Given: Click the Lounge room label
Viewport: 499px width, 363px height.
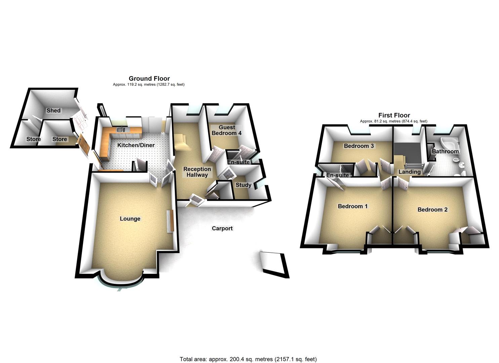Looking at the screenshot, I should coord(130,219).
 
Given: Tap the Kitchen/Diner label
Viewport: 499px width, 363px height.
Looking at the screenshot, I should coord(136,145).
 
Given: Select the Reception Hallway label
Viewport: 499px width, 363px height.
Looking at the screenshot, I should coord(197,172).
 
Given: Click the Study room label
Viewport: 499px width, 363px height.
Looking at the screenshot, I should coord(243,185).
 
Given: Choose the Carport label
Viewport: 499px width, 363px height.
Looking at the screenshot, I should coord(222,228).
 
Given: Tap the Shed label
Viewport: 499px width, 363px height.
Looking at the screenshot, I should coord(53,110).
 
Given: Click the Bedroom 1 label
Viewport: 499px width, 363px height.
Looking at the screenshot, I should coord(352,206).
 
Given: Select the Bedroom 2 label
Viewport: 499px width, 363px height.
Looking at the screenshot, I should coord(432,209).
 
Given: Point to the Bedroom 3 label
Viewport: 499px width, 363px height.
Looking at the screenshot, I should coord(359,146).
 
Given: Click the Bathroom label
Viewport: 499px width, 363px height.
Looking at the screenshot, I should coord(445,151).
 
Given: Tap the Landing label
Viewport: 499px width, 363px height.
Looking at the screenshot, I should coord(409,172).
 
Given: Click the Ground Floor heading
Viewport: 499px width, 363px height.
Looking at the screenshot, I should coord(149,79).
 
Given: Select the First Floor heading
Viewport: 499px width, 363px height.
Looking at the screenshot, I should coord(394,115).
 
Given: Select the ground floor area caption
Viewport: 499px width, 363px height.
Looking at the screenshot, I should coord(149,85).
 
